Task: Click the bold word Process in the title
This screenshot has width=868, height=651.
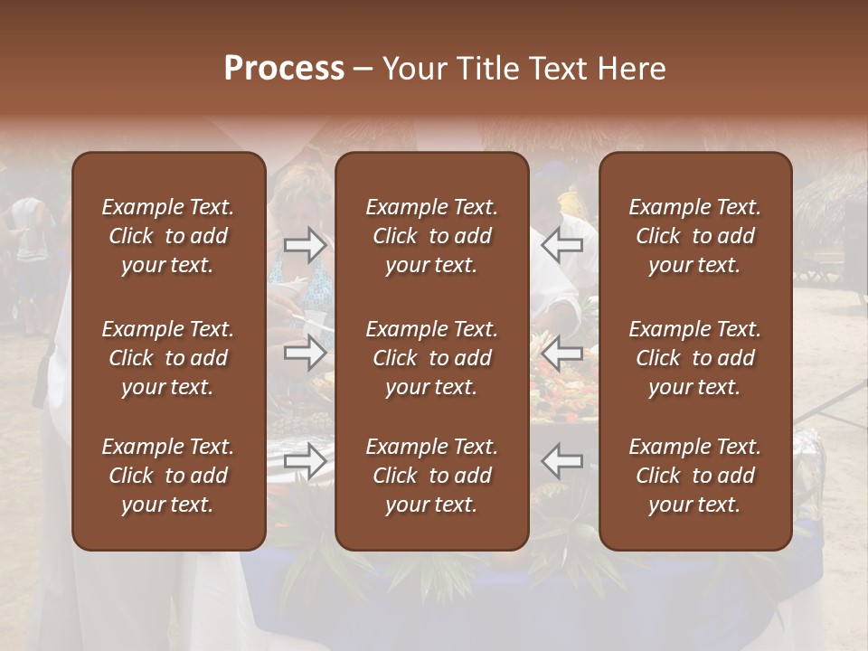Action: point(284,69)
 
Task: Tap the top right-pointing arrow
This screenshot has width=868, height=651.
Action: point(305,245)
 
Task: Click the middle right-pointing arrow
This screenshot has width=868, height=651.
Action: point(305,352)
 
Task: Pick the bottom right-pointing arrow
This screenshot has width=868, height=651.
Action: point(305,461)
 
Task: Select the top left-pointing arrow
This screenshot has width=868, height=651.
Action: point(561,243)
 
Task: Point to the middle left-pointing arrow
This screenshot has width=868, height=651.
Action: point(561,352)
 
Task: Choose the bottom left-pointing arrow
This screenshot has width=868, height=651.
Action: point(561,461)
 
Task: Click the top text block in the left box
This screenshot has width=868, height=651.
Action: point(167,236)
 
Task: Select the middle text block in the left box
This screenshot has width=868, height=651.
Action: point(167,358)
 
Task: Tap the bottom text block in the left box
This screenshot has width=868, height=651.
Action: point(167,476)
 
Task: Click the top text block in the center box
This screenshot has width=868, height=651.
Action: point(431,236)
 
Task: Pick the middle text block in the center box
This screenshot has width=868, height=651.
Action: point(431,358)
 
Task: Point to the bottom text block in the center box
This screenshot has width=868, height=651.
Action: point(431,476)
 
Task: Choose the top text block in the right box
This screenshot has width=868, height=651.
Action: point(694,236)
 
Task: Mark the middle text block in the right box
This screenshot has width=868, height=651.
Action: point(694,358)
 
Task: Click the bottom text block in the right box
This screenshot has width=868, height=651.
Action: point(694,476)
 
